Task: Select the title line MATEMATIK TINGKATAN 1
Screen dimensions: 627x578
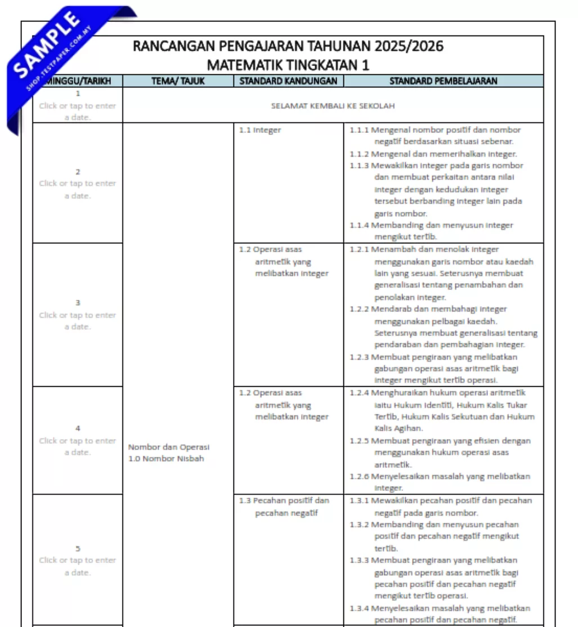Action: click(288, 65)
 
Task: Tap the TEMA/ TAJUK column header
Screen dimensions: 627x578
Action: click(178, 81)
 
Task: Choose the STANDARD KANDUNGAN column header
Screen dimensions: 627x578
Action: click(288, 81)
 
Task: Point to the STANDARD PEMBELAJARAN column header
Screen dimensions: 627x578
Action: click(443, 81)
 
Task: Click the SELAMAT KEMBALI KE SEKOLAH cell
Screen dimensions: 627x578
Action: click(333, 105)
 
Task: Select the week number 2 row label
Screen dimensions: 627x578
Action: click(78, 172)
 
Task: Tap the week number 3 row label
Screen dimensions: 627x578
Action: click(78, 303)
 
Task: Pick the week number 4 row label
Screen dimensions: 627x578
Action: click(78, 428)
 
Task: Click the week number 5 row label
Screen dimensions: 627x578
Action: click(78, 548)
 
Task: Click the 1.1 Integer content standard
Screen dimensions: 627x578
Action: click(259, 130)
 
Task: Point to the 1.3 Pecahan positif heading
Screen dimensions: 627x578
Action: click(291, 500)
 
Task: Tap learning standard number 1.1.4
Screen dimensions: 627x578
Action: click(359, 225)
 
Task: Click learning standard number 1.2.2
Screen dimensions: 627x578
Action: click(359, 309)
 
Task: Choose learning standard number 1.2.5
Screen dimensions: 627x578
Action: click(359, 441)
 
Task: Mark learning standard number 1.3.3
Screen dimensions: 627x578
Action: click(359, 560)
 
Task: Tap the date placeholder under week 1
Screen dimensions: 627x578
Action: click(78, 111)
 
